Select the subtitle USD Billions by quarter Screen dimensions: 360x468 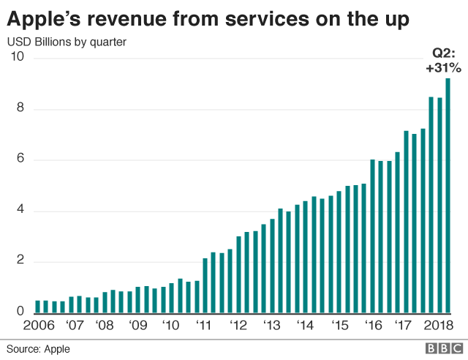[67, 42]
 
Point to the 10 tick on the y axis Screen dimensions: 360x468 [17, 58]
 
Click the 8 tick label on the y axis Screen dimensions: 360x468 [21, 109]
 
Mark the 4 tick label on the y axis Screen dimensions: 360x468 [21, 211]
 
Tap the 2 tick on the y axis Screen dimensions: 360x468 [21, 262]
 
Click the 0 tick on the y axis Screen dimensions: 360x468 [21, 312]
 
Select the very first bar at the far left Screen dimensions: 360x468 [38, 307]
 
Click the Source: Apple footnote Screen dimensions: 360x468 [38, 348]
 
